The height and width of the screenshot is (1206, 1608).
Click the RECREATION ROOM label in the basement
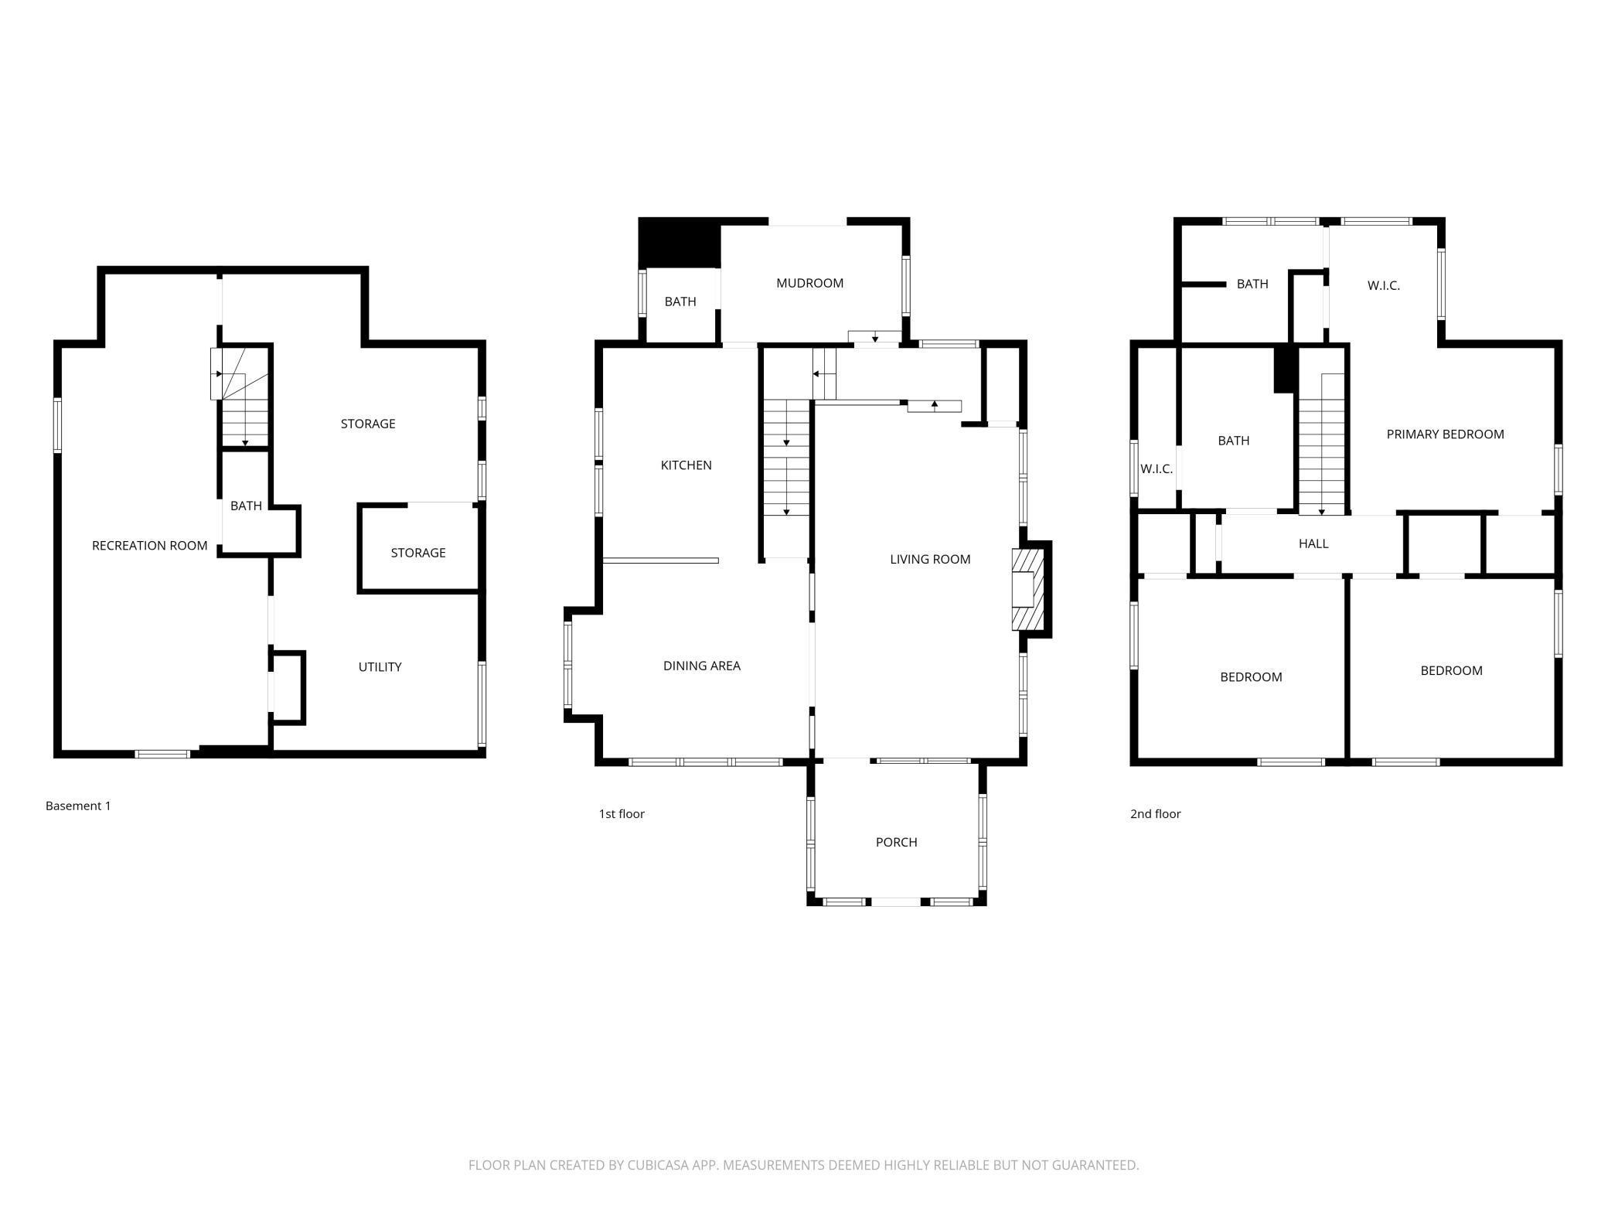click(149, 546)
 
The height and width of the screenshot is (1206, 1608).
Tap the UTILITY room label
click(380, 667)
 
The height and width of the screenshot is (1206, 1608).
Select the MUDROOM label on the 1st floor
click(809, 283)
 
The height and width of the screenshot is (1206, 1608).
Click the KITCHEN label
click(686, 465)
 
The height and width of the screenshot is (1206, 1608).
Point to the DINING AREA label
click(701, 666)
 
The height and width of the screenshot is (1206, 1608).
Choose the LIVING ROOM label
click(930, 559)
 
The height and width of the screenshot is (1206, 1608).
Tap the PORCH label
click(896, 842)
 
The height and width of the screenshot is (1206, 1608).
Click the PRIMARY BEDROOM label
click(1445, 434)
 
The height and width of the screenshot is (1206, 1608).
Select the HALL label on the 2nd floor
click(1313, 543)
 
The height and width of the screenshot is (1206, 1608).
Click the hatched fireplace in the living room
click(1028, 589)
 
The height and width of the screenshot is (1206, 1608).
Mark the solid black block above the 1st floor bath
click(680, 243)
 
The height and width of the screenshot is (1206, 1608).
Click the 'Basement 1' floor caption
click(78, 806)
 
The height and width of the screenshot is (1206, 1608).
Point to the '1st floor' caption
click(622, 813)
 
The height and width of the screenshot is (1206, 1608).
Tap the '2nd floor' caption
click(1155, 813)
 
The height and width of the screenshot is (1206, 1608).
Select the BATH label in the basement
click(246, 506)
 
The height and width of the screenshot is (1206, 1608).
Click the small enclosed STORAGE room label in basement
click(417, 553)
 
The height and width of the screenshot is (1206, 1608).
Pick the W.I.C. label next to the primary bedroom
click(1383, 285)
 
